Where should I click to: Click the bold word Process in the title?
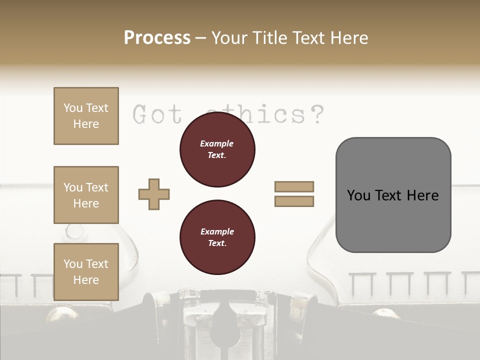point(157,38)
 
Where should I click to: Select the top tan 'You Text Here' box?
point(86,116)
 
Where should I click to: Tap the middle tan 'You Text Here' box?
point(86,195)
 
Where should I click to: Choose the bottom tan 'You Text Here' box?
point(86,272)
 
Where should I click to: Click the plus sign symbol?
point(154,194)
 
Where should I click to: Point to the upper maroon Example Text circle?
point(217,149)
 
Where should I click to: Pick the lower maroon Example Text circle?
point(217,237)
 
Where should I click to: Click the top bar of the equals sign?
point(294,186)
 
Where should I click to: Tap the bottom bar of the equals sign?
point(294,201)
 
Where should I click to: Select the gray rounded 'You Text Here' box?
point(393,194)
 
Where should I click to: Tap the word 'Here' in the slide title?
point(350,38)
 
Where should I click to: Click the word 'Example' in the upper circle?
point(217,144)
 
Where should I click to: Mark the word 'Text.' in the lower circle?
point(217,243)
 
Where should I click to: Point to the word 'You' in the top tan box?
point(73,108)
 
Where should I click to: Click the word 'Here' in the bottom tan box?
point(86,280)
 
